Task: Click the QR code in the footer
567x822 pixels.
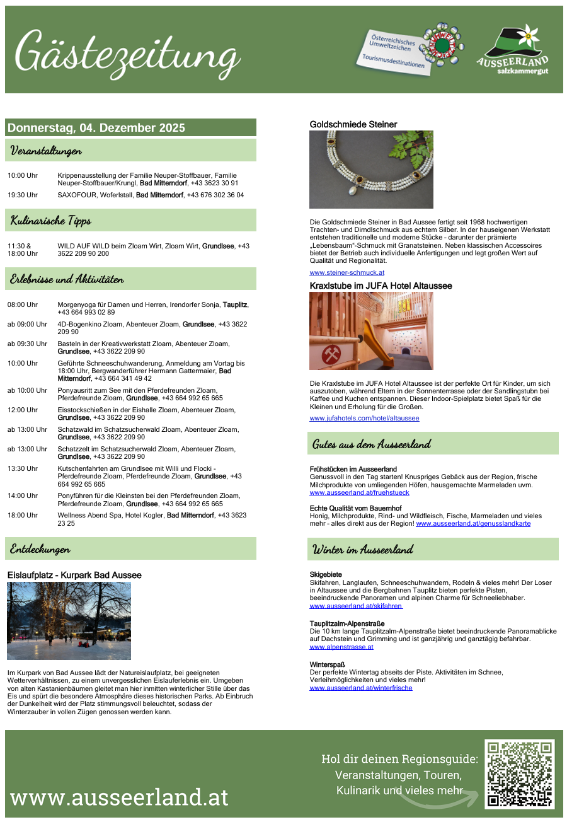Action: [520, 774]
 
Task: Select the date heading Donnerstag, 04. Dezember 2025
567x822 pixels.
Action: [96, 128]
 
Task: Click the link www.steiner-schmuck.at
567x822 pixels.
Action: [346, 272]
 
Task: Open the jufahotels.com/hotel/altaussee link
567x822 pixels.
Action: [364, 418]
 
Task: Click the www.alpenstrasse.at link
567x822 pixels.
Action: [341, 647]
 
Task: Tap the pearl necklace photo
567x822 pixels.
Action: [371, 170]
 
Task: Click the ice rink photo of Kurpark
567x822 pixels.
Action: [69, 621]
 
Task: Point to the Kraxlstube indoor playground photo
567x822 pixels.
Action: [371, 331]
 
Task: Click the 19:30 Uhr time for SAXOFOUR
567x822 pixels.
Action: [23, 195]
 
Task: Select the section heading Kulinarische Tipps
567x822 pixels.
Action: [51, 221]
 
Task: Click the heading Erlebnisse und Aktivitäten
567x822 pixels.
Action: [67, 279]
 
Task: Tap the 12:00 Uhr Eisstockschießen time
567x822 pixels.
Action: [23, 410]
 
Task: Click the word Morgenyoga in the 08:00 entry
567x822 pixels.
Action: [77, 304]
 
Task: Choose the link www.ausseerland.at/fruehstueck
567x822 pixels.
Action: [359, 492]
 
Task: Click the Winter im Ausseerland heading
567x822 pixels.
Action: [363, 549]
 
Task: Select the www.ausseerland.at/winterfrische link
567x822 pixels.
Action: [361, 688]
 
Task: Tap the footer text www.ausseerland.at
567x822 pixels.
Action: [120, 797]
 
